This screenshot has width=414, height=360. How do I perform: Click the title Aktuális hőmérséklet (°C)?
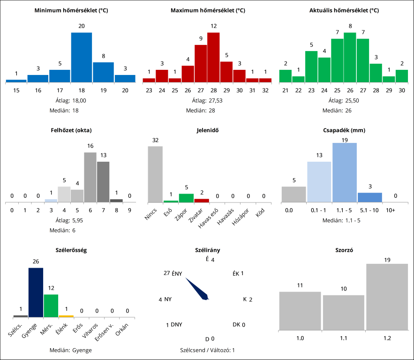344,10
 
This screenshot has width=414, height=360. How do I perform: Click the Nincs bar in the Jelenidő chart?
155,174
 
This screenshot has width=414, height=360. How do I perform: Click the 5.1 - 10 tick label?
369,210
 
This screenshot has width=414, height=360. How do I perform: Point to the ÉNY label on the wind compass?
177,273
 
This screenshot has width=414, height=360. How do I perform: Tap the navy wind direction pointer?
197,289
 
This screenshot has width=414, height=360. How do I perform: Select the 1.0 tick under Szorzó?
300,337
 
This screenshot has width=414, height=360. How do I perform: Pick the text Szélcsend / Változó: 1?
207,350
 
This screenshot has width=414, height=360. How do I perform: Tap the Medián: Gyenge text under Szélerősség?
70,350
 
